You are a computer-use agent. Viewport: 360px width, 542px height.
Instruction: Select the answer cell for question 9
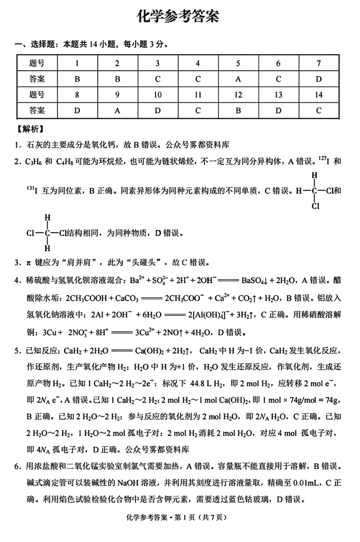(x=117, y=111)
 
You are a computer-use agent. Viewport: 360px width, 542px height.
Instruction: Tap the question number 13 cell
(x=278, y=95)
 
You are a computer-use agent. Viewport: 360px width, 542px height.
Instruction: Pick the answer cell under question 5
(x=238, y=79)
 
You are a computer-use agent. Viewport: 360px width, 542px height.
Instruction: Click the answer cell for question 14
(x=318, y=111)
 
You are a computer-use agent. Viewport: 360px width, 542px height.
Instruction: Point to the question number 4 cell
(x=198, y=63)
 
